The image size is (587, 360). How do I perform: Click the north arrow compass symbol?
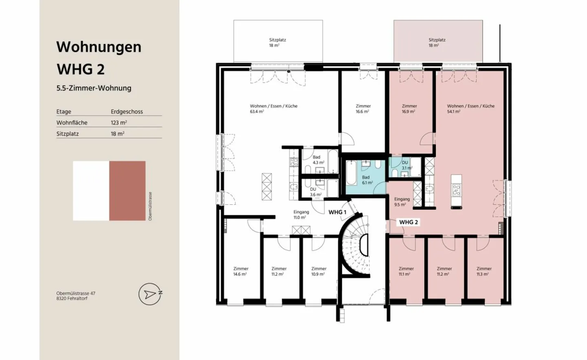(x=150, y=294)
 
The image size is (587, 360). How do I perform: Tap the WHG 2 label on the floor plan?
(x=408, y=222)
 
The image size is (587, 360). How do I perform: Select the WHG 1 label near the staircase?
(x=337, y=212)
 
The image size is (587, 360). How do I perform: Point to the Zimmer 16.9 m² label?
(x=409, y=108)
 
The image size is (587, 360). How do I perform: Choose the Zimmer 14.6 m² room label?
(x=241, y=271)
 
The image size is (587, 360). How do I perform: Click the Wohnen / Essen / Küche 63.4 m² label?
(x=274, y=108)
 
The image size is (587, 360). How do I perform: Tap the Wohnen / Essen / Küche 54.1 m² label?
(x=470, y=108)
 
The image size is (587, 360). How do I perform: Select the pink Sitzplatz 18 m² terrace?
(x=438, y=41)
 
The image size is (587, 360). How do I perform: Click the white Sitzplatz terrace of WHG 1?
(x=278, y=41)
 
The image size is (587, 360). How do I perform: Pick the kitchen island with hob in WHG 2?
(x=456, y=191)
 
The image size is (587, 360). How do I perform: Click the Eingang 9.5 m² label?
(x=402, y=202)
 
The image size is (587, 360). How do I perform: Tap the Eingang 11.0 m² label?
(x=301, y=214)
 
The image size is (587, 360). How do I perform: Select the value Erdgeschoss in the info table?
(x=127, y=111)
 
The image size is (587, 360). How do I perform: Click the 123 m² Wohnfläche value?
(x=119, y=122)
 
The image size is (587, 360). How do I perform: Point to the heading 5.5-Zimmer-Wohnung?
(x=94, y=88)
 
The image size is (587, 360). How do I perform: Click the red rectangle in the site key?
(x=127, y=191)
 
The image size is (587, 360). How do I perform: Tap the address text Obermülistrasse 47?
(x=76, y=293)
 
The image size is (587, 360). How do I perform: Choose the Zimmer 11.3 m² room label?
(x=484, y=271)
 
